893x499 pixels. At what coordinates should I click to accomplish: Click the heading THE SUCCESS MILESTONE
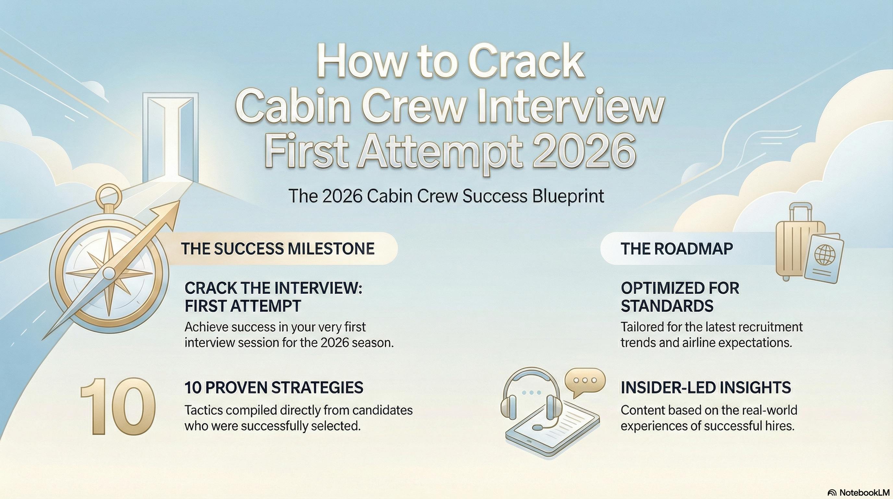[277, 249]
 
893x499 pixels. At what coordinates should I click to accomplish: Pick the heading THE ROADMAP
[677, 249]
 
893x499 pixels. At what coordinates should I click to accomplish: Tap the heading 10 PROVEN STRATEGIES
[274, 387]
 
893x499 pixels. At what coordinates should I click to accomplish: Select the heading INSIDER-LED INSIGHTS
[706, 387]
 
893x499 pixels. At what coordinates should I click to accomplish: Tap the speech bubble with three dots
[585, 381]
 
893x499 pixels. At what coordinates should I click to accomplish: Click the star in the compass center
[109, 274]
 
